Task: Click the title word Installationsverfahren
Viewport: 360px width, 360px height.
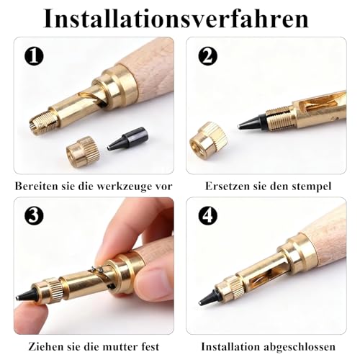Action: [x=180, y=17]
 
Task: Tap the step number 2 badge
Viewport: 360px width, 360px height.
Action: [x=207, y=55]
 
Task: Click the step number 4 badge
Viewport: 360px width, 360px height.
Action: [x=207, y=215]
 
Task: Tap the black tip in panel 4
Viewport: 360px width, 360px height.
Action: [x=217, y=294]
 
